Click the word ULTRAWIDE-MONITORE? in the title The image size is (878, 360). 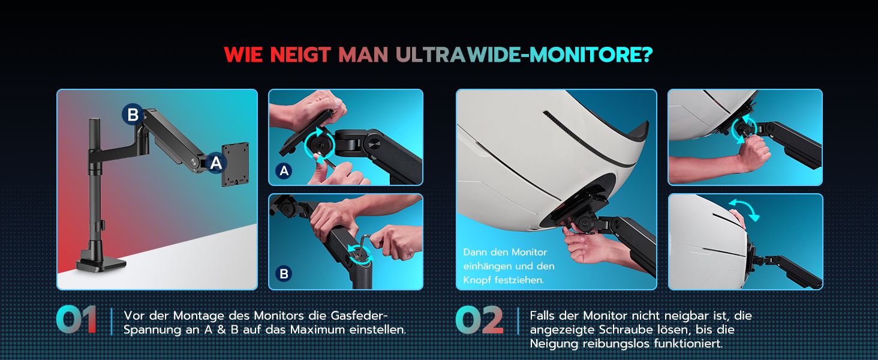524,55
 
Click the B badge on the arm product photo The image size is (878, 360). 133,115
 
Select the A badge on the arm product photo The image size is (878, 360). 216,163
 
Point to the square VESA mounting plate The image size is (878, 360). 235,164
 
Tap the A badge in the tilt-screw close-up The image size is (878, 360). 284,171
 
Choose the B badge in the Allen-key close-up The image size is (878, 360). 284,274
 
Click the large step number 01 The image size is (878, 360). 76,320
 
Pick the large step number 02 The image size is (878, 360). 479,320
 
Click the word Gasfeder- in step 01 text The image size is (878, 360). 359,316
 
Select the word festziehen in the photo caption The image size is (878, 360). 519,280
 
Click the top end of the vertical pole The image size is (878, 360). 95,119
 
